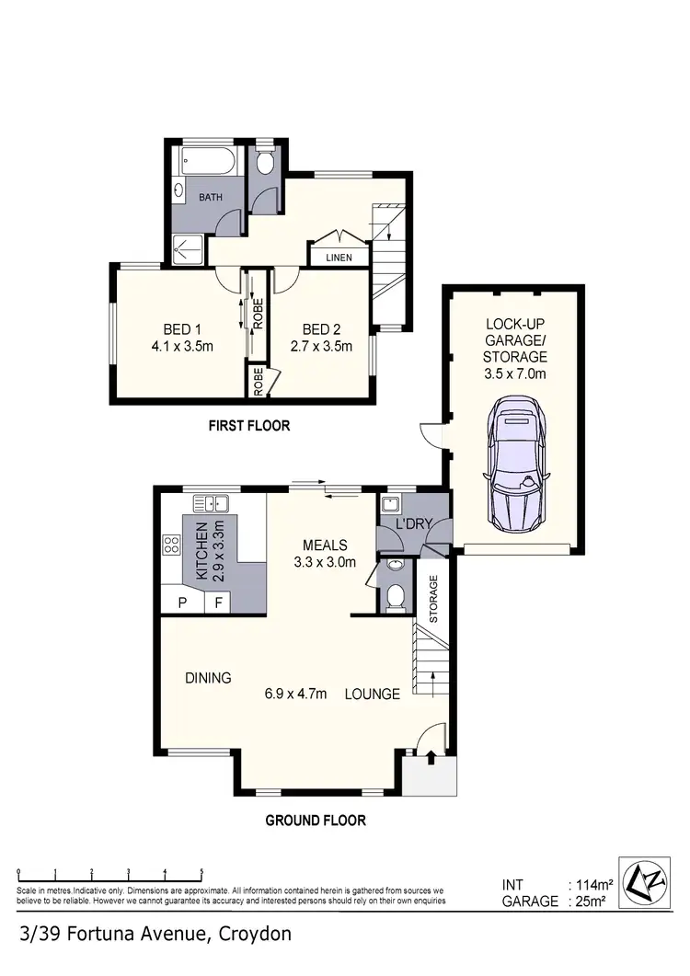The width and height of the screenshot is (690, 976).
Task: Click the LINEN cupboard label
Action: [339, 258]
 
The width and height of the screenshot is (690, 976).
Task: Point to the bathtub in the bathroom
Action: [213, 163]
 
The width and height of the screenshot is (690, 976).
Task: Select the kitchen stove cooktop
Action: [171, 544]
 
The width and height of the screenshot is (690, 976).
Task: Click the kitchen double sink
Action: [212, 503]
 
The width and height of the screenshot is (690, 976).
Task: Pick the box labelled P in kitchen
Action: [183, 603]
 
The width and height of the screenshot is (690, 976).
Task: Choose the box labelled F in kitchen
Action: [219, 603]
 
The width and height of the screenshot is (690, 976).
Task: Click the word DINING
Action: [208, 678]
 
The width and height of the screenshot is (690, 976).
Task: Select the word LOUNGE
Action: [373, 695]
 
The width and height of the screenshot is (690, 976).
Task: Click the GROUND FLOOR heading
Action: [316, 821]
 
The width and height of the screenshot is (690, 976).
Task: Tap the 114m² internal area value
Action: [588, 885]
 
